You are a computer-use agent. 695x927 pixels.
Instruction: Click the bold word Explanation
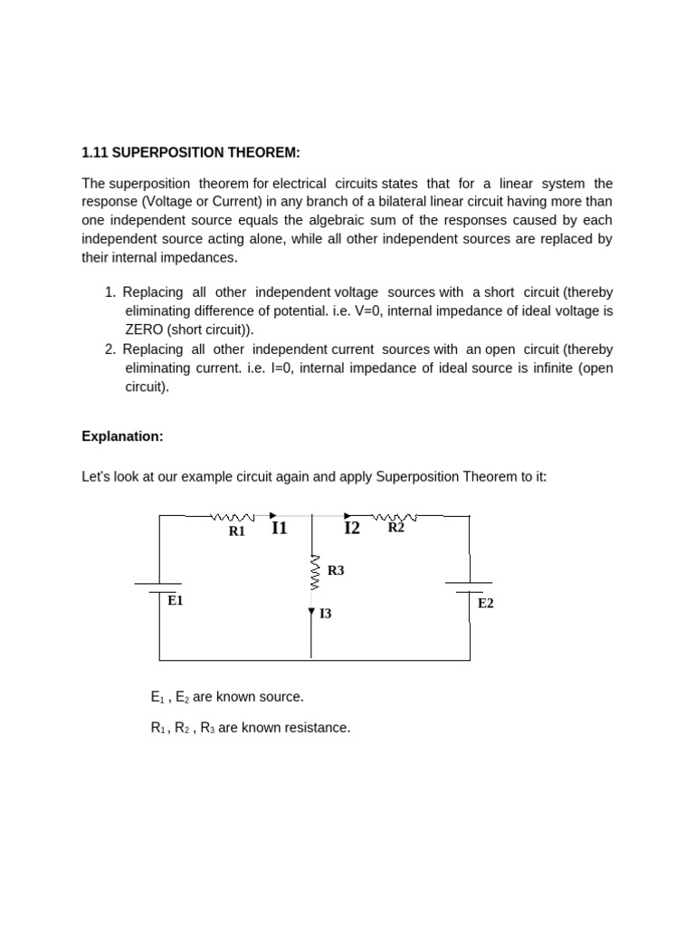click(122, 436)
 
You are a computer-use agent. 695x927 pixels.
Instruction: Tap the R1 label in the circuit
click(237, 532)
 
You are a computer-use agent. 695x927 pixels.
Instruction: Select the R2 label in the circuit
click(396, 528)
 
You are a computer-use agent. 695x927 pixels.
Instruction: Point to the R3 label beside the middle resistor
click(336, 570)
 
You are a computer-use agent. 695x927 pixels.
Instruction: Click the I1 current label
click(280, 528)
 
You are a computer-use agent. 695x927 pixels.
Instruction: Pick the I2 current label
click(352, 528)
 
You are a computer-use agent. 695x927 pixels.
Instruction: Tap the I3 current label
click(326, 614)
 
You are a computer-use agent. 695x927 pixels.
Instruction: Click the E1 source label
click(176, 600)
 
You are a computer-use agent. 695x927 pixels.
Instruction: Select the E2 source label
click(486, 603)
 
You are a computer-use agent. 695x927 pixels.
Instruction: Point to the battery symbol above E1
click(159, 588)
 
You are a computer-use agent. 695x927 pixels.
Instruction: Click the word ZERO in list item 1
click(145, 330)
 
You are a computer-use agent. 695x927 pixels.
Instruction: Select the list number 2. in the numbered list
click(110, 349)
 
